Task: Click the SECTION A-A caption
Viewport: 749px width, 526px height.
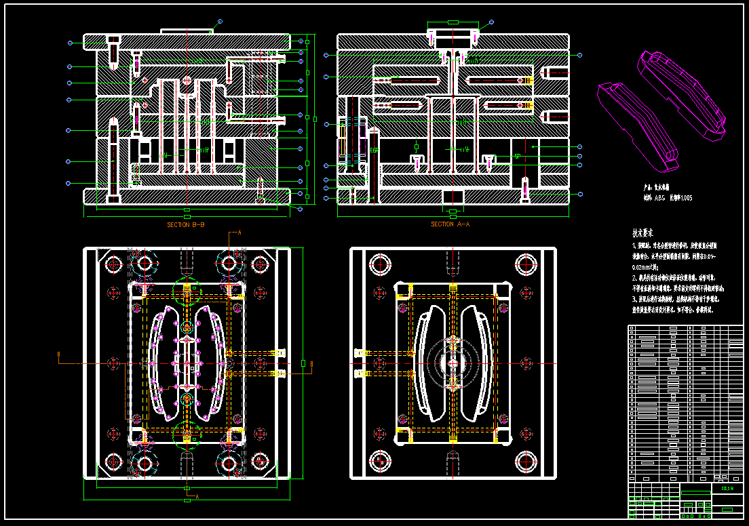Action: pyautogui.click(x=450, y=224)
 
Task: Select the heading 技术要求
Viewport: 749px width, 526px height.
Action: pyautogui.click(x=646, y=232)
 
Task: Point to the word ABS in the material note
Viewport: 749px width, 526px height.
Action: pyautogui.click(x=659, y=198)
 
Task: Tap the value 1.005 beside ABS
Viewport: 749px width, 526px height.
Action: pyautogui.click(x=685, y=198)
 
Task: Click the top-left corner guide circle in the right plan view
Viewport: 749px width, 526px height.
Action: pyautogui.click(x=377, y=264)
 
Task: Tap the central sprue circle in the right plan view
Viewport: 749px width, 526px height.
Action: pyautogui.click(x=451, y=363)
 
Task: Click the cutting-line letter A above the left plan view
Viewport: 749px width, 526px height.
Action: pyautogui.click(x=239, y=232)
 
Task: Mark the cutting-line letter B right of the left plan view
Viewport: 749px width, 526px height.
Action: pyautogui.click(x=311, y=364)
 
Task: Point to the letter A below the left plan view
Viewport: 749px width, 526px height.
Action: pyautogui.click(x=197, y=497)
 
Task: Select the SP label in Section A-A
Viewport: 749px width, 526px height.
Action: pyautogui.click(x=517, y=156)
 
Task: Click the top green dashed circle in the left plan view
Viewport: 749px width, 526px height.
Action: pyautogui.click(x=187, y=290)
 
